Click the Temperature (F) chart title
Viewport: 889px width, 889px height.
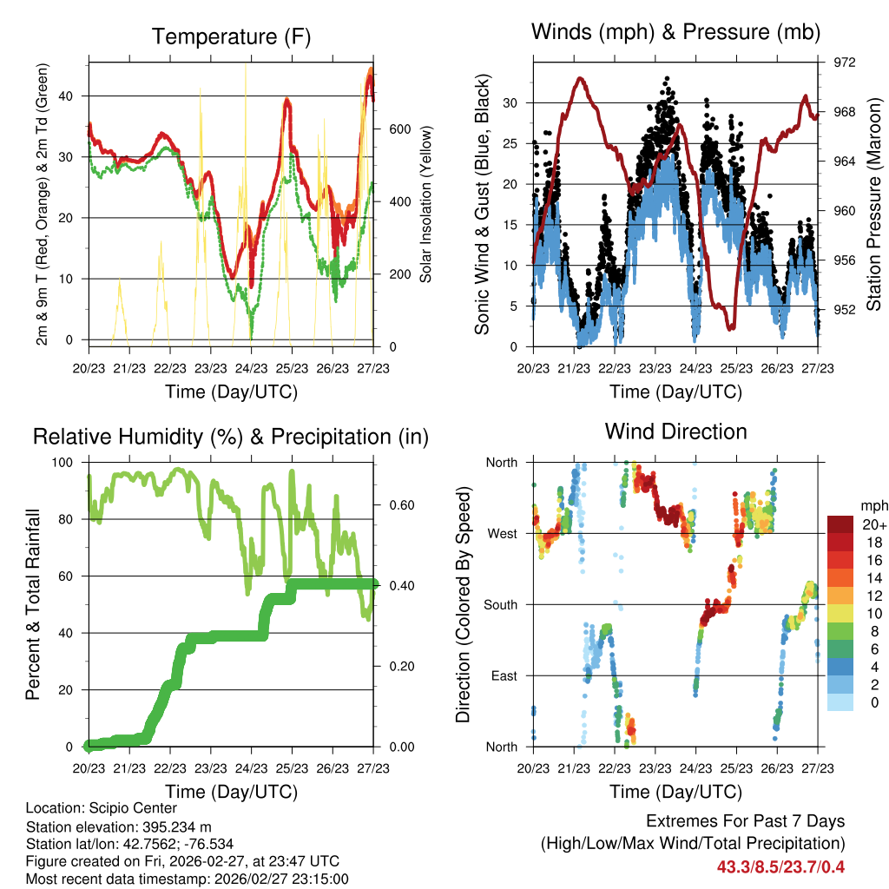pyautogui.click(x=230, y=37)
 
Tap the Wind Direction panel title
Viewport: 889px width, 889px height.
pyautogui.click(x=675, y=431)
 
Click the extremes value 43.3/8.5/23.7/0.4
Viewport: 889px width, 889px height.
pyautogui.click(x=780, y=866)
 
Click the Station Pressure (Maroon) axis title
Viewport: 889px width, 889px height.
pyautogui.click(x=874, y=204)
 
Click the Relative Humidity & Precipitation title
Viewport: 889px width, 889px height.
pyautogui.click(x=230, y=437)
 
